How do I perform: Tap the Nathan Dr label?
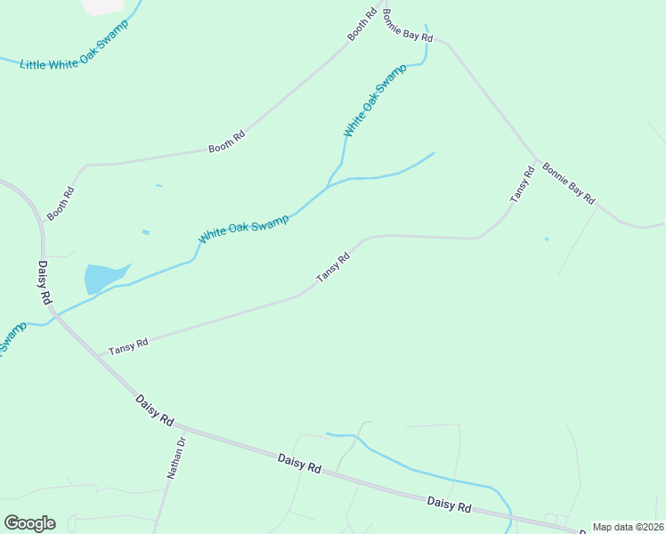[x=176, y=457]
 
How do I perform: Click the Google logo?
[x=29, y=523]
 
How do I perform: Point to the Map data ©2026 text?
[x=628, y=527]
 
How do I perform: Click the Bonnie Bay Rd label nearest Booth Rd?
[x=407, y=26]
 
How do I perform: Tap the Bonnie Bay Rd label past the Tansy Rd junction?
[x=568, y=184]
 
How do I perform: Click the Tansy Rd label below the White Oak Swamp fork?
[x=333, y=268]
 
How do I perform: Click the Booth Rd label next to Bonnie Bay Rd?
[x=358, y=27]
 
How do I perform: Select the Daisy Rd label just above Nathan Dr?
[x=154, y=411]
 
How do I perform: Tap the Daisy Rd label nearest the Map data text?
[x=449, y=504]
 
